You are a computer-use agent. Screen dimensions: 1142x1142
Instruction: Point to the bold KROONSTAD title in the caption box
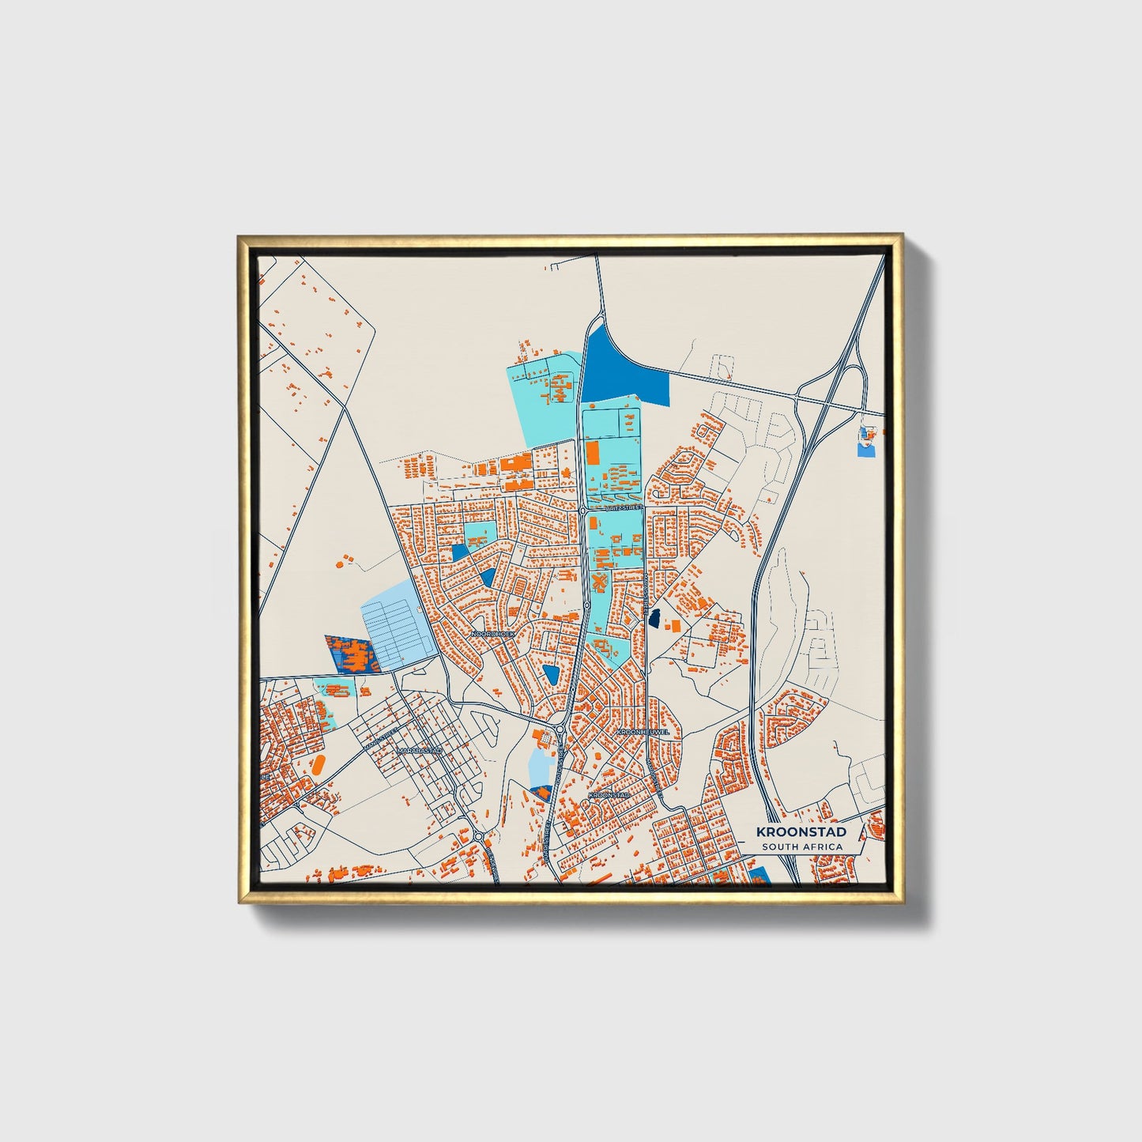tap(801, 831)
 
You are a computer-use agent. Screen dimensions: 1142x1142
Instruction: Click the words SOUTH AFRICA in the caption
tap(801, 847)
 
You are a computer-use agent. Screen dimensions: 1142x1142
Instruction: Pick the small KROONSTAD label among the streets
tap(610, 794)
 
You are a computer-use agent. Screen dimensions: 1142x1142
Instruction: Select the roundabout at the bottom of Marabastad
tap(479, 837)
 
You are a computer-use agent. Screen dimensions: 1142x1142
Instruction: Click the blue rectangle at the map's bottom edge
tap(759, 875)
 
